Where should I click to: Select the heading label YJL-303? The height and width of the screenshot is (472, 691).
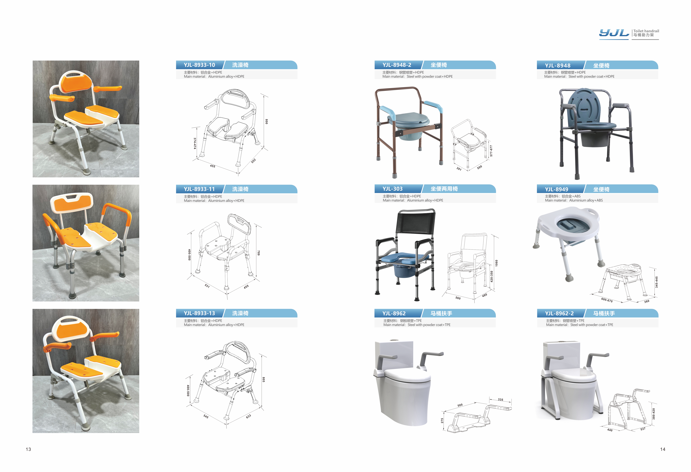(392, 189)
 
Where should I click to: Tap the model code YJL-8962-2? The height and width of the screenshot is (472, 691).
(559, 313)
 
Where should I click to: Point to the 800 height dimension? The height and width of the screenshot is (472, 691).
(266, 122)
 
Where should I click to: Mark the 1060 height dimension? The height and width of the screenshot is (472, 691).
(496, 263)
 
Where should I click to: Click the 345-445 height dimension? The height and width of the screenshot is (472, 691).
(657, 282)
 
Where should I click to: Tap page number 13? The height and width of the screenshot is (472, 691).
(28, 449)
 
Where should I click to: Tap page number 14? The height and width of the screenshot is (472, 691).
(663, 449)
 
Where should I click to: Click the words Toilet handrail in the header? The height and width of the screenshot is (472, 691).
(646, 31)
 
